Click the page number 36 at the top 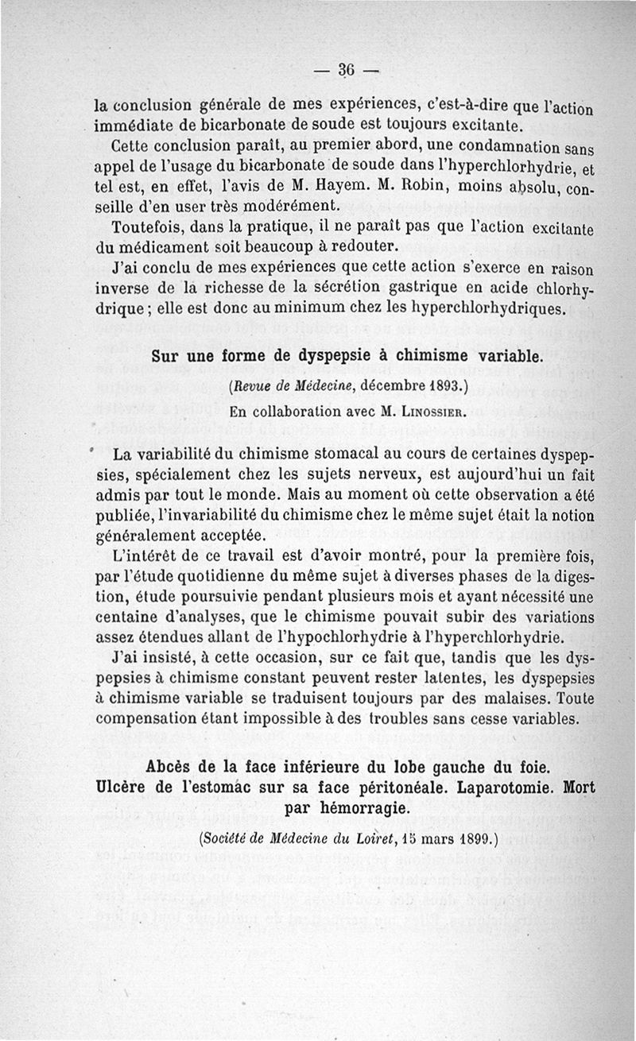coord(346,68)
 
